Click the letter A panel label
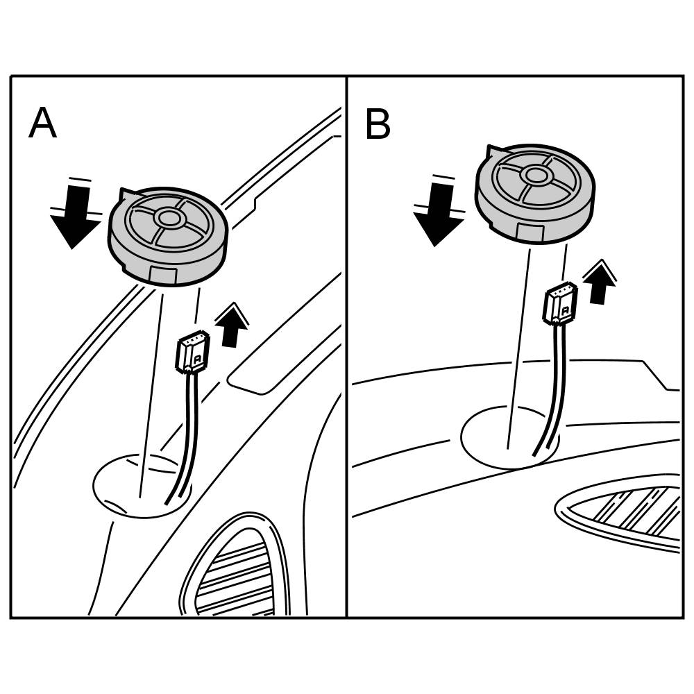tap(42, 124)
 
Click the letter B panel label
tap(378, 125)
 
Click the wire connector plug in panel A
tap(192, 351)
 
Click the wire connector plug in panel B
tap(559, 303)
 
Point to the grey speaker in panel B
tap(534, 194)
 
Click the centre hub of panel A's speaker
tap(168, 218)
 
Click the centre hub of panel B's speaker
tap(535, 174)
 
